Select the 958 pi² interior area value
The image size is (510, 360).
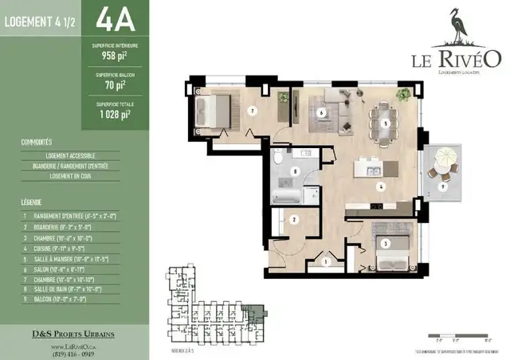pyautogui.click(x=113, y=57)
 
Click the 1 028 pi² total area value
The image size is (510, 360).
pyautogui.click(x=113, y=113)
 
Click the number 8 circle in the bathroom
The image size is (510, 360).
pyautogui.click(x=296, y=170)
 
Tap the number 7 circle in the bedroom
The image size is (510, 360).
pyautogui.click(x=251, y=112)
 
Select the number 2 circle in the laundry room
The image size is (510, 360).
pyautogui.click(x=294, y=219)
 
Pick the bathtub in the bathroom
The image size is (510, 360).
pyautogui.click(x=285, y=194)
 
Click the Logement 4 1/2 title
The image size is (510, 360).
pyautogui.click(x=41, y=22)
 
